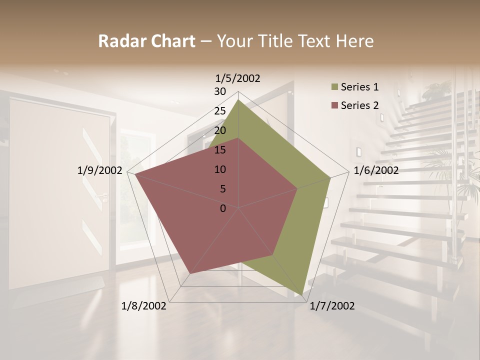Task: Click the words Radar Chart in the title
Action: tap(146, 41)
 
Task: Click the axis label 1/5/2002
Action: tap(238, 78)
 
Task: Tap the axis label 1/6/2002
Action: tap(376, 170)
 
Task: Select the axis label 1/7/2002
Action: tap(332, 306)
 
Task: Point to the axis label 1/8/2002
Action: tap(144, 306)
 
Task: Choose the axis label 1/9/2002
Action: tap(99, 170)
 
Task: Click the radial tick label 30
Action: tap(220, 91)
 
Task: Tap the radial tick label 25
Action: tap(220, 111)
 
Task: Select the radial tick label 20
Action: tap(220, 130)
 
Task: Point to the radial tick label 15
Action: tap(220, 150)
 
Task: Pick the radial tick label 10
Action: tap(220, 169)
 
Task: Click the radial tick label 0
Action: tap(223, 208)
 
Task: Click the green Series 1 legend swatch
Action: tap(334, 87)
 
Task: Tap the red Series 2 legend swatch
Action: tap(334, 105)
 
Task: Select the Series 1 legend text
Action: tap(359, 87)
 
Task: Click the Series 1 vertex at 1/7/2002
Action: tap(303, 295)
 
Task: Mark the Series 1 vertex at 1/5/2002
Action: tap(238, 100)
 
